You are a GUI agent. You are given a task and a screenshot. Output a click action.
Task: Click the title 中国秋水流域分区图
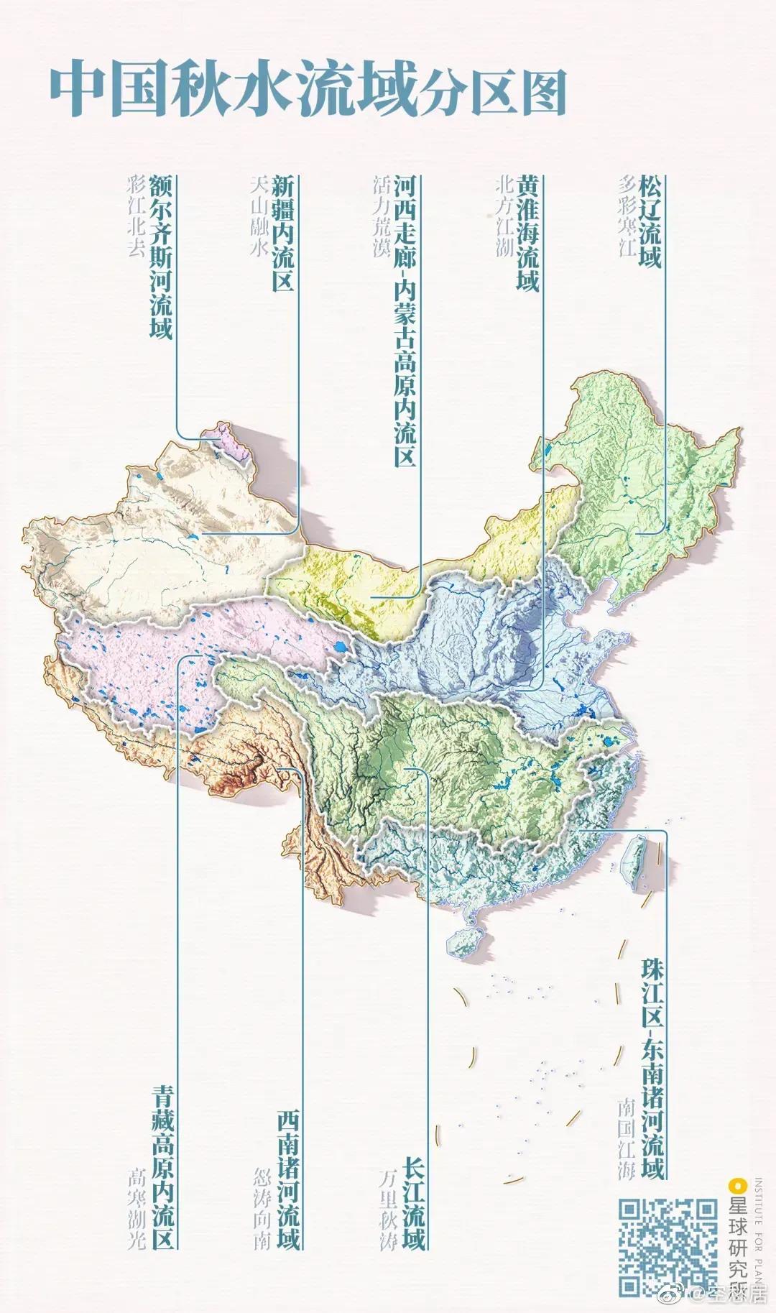(308, 91)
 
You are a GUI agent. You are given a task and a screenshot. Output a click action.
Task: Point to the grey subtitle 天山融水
(259, 216)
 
